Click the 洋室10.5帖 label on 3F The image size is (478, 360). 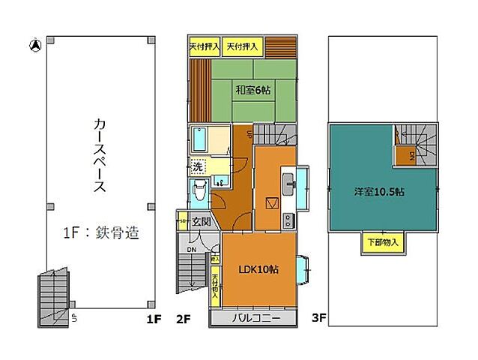click(x=380, y=192)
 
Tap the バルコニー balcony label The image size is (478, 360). click(x=255, y=318)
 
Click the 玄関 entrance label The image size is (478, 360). click(x=200, y=221)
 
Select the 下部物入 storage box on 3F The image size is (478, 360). click(x=384, y=242)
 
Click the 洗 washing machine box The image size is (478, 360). click(x=198, y=166)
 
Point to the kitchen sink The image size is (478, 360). click(x=289, y=180)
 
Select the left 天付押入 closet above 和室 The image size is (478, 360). click(x=204, y=46)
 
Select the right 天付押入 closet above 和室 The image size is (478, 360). click(x=243, y=46)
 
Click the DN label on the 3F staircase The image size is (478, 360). click(x=411, y=156)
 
